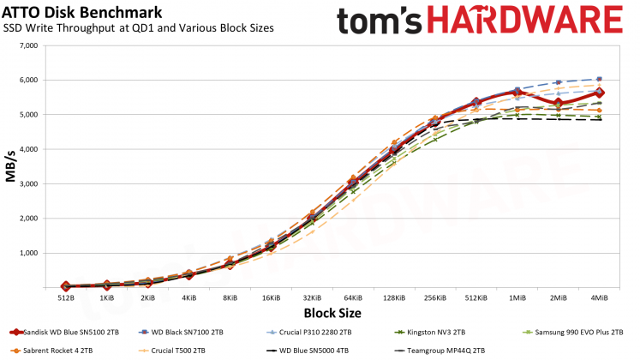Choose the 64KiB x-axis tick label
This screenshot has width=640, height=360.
click(x=352, y=297)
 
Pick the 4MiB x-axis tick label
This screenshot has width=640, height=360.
click(x=599, y=297)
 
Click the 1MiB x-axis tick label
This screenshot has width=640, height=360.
click(x=517, y=297)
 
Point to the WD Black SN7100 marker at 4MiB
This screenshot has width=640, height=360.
click(x=599, y=79)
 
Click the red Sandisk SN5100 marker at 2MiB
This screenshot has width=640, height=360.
click(x=558, y=103)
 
